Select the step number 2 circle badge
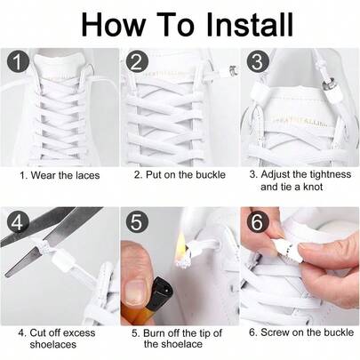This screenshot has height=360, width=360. point(136,63)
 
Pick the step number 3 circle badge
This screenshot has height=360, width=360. point(258,63)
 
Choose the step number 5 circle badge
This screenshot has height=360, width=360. point(136,223)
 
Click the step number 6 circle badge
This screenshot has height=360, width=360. point(256,223)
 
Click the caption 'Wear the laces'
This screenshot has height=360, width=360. point(60,175)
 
